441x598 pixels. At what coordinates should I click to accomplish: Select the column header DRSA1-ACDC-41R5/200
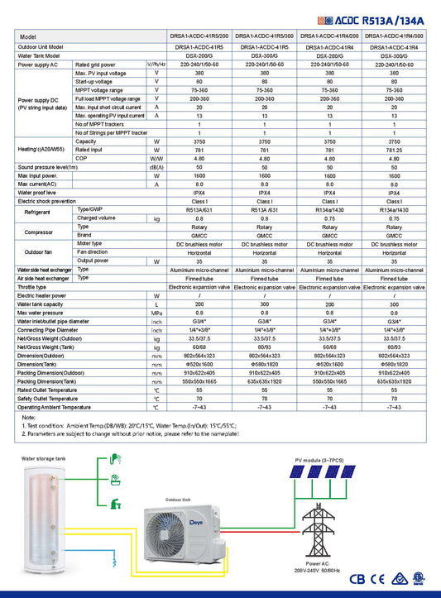(x=199, y=37)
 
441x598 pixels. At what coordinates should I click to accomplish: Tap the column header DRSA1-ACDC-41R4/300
(x=394, y=37)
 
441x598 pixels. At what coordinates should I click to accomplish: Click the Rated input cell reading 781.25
(x=394, y=150)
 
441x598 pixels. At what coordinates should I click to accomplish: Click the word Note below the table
(x=29, y=418)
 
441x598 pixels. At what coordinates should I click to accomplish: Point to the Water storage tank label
(x=42, y=457)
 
